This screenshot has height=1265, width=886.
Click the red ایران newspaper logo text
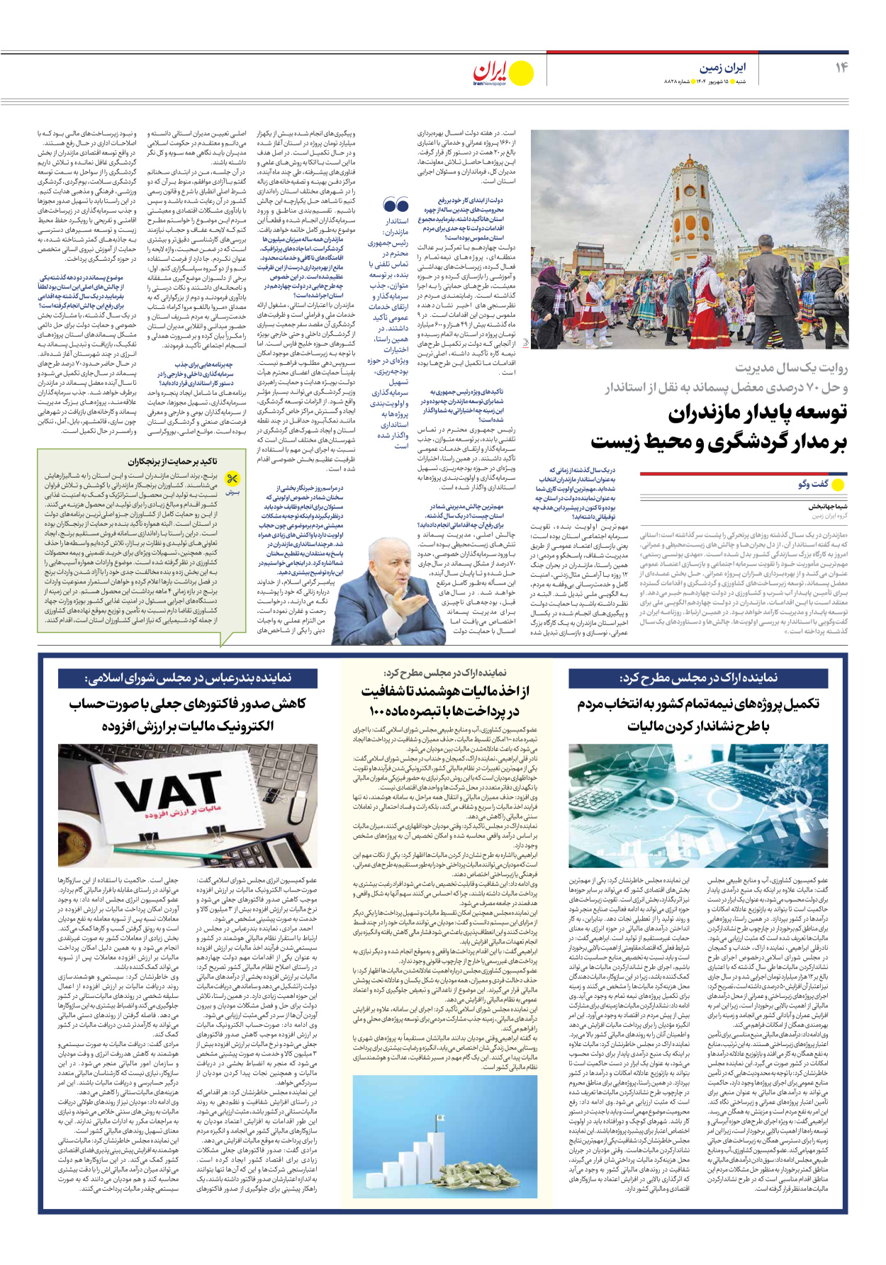(491, 71)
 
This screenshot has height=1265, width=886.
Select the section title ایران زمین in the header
(722, 68)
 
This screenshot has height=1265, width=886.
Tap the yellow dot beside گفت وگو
(838, 485)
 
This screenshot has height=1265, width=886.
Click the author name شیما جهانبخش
(828, 507)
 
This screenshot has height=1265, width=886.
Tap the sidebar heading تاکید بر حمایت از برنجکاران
(172, 461)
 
